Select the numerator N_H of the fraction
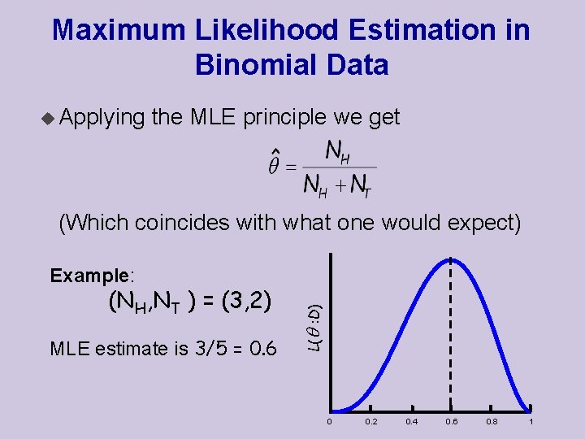[337, 151]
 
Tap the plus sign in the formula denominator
[342, 186]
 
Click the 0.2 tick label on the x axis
[370, 422]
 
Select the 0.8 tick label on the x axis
[491, 422]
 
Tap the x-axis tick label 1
[531, 422]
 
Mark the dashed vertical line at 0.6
[451, 341]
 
